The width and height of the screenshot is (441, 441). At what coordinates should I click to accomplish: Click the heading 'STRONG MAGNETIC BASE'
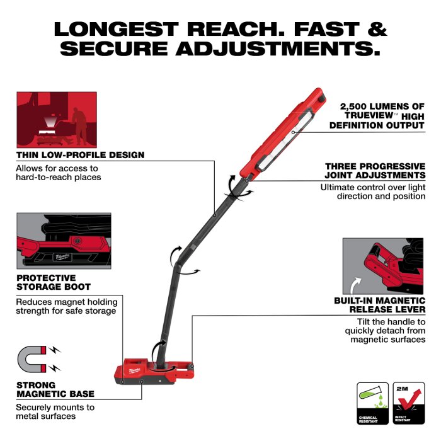pos(55,389)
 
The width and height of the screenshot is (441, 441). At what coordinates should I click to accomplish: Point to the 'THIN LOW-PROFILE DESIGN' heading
pos(80,154)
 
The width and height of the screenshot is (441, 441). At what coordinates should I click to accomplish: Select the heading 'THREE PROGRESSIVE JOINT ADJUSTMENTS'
pos(375,171)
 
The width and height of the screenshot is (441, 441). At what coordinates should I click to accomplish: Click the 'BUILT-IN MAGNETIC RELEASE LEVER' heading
pos(379,306)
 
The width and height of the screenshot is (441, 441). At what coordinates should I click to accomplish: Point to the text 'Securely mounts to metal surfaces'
pos(55,411)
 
